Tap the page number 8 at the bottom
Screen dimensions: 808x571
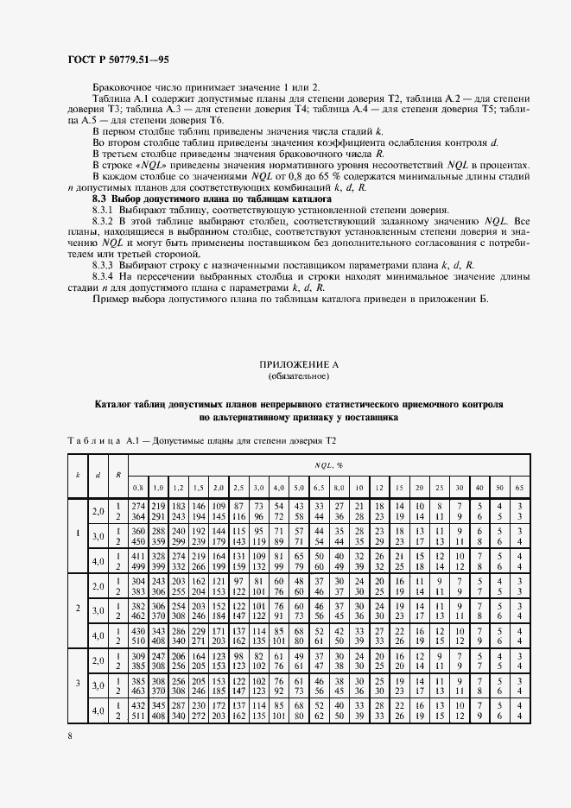tap(70, 735)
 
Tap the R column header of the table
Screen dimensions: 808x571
tap(117, 474)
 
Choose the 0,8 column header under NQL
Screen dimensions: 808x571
tap(137, 488)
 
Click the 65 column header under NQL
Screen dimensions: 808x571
tap(520, 488)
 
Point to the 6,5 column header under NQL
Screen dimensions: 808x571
tap(318, 488)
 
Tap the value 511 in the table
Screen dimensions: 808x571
tap(136, 717)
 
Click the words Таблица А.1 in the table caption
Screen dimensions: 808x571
tap(94, 441)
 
